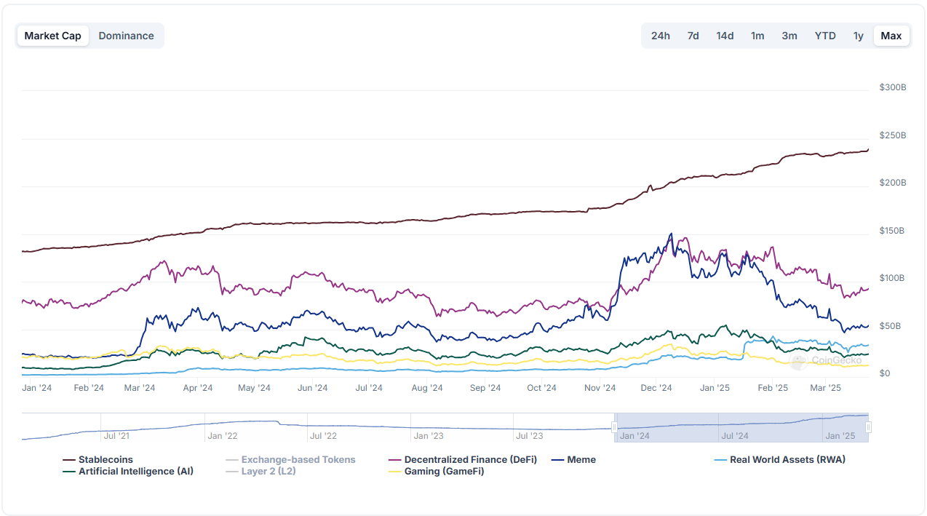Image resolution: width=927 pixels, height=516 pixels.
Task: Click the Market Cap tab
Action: (x=53, y=36)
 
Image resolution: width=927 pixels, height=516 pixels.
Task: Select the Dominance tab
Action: (x=126, y=36)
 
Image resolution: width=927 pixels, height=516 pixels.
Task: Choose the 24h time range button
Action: (x=661, y=36)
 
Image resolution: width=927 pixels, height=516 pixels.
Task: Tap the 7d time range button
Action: (x=693, y=36)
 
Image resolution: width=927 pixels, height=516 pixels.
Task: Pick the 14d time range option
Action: (x=725, y=36)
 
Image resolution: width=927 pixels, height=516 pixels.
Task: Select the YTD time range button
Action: (x=825, y=36)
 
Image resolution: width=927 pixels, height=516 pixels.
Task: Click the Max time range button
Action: (x=891, y=36)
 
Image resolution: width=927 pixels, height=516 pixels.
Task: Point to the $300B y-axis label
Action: (x=893, y=87)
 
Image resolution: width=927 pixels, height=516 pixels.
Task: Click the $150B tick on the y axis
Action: (x=893, y=231)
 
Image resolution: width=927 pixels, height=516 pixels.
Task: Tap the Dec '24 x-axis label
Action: (x=656, y=388)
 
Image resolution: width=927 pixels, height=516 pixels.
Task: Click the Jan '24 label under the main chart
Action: (x=37, y=388)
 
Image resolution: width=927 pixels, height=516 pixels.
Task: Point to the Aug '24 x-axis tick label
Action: (x=427, y=388)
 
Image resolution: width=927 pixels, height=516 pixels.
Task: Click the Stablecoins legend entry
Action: (x=106, y=460)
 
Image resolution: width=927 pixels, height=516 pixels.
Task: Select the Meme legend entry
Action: (x=581, y=460)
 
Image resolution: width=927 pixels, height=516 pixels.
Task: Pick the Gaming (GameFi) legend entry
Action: (x=444, y=472)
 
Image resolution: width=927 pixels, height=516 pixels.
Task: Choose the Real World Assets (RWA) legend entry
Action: (x=787, y=460)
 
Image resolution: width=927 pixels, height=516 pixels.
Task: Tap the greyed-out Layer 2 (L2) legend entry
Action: (x=268, y=472)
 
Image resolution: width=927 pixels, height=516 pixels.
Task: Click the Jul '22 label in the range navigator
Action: (x=323, y=436)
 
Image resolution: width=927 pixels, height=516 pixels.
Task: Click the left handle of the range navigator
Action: (x=615, y=427)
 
